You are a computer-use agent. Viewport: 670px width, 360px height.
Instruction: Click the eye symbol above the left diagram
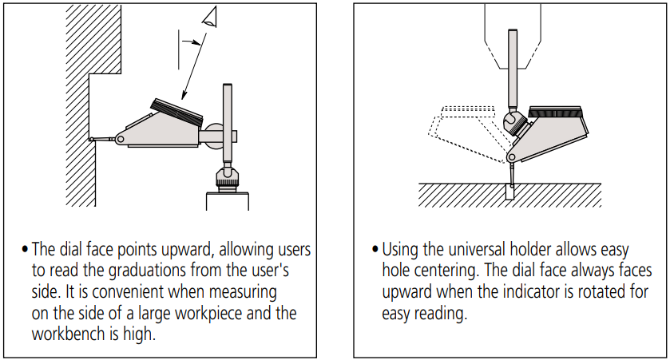(x=210, y=16)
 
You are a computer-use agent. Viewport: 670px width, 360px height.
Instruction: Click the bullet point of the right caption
(x=374, y=249)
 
